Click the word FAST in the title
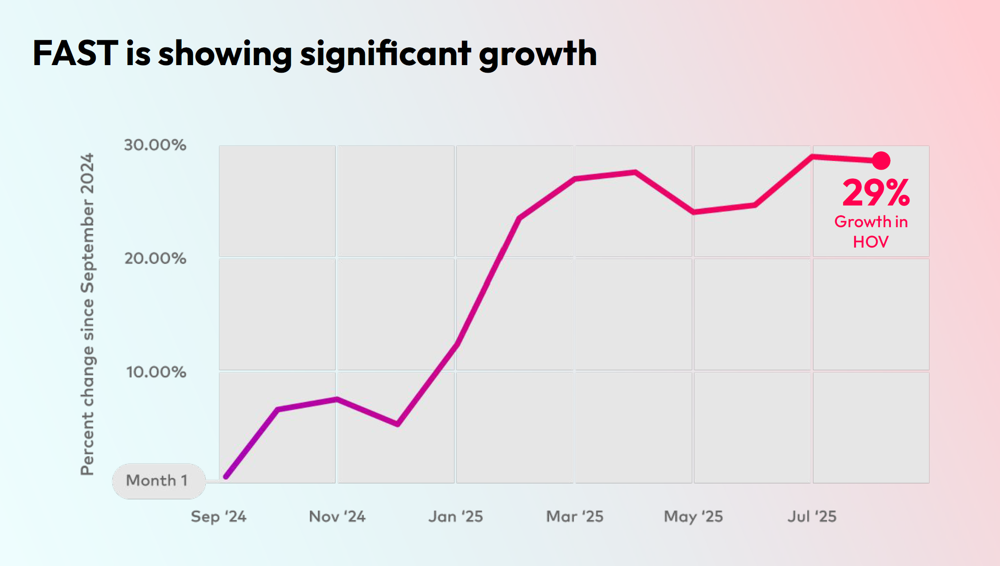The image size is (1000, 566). (75, 54)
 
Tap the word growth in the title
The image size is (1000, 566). (538, 54)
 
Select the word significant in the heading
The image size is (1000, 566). (385, 54)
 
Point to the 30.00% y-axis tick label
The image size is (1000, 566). (155, 145)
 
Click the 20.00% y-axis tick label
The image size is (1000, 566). (155, 259)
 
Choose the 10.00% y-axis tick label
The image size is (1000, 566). (156, 372)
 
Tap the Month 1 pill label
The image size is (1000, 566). (158, 481)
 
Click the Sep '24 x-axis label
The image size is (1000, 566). (219, 516)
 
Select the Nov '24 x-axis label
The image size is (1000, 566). (337, 516)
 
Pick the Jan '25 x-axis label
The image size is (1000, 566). (456, 516)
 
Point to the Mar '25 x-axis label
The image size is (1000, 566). (575, 516)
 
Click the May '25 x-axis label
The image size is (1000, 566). (693, 516)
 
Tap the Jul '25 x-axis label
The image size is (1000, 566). (812, 516)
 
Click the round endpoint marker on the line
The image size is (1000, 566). (881, 160)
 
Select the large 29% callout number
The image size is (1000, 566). (876, 193)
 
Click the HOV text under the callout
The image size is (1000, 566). (871, 242)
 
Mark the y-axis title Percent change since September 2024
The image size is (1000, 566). (87, 314)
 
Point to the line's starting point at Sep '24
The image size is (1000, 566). (226, 477)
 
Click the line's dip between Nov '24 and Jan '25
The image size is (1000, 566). (398, 424)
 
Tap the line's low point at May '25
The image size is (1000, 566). (694, 212)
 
